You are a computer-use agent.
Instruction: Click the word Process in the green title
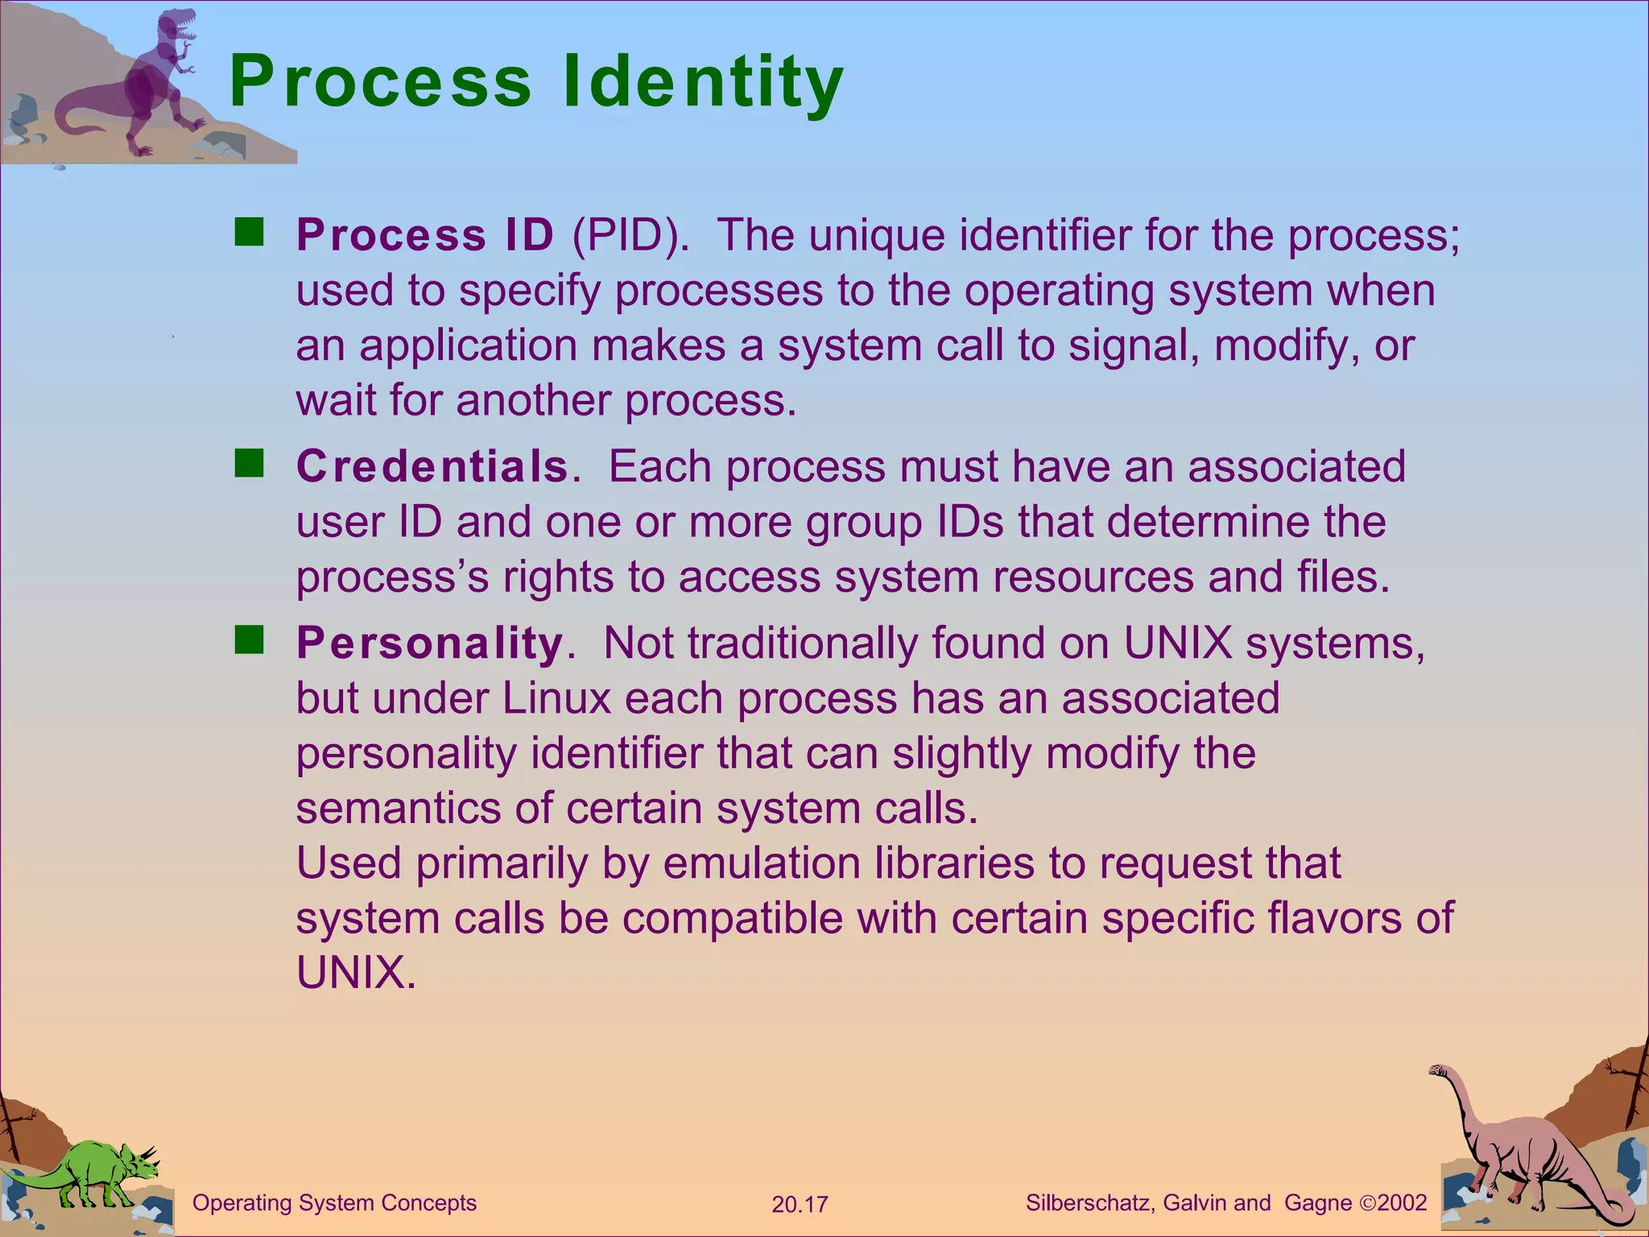(x=380, y=81)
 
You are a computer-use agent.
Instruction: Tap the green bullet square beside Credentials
(x=250, y=465)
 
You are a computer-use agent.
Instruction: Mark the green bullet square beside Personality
(x=250, y=641)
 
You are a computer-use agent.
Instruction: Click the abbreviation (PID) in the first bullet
(x=630, y=235)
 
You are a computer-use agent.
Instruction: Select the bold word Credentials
(x=432, y=466)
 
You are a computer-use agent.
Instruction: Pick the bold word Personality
(x=429, y=643)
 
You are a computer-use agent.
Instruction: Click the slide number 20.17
(x=800, y=1205)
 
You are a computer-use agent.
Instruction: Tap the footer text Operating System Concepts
(x=334, y=1203)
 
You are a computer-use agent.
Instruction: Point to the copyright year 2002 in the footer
(x=1402, y=1203)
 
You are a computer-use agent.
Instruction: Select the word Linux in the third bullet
(x=557, y=698)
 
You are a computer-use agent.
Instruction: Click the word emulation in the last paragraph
(x=761, y=863)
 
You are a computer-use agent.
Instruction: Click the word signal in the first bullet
(x=1127, y=346)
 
